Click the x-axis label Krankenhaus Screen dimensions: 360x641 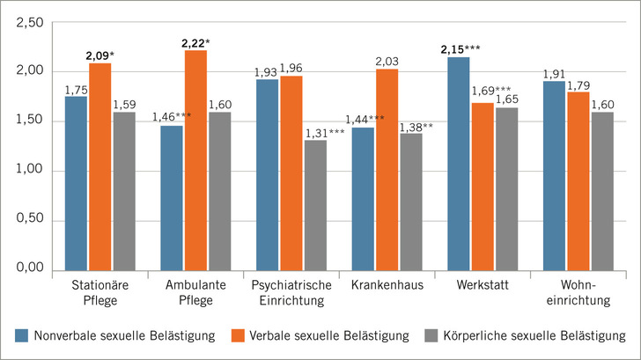[387, 286]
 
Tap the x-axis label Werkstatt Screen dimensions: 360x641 [483, 286]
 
